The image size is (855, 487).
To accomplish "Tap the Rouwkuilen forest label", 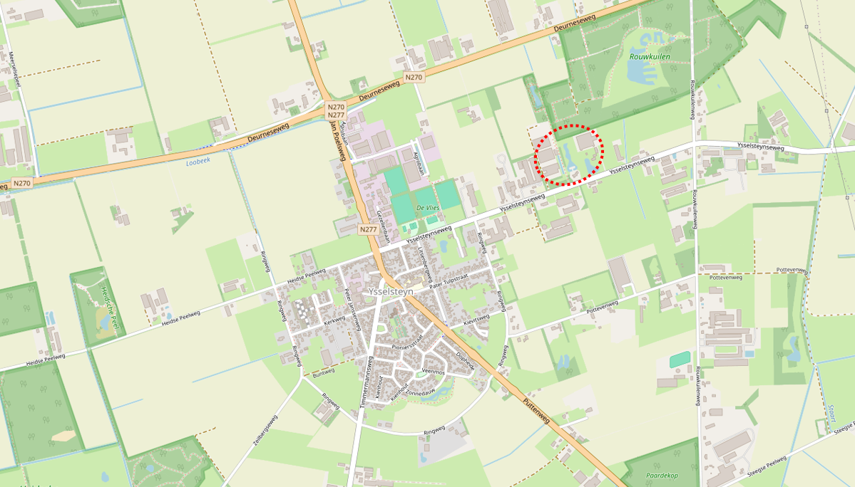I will coord(650,56).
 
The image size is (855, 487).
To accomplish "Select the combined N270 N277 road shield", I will coord(336,110).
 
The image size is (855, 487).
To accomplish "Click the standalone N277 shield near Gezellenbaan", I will coord(368,229).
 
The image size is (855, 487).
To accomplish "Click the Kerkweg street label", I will coord(334,322).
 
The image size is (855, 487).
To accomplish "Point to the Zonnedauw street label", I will coord(419,393).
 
